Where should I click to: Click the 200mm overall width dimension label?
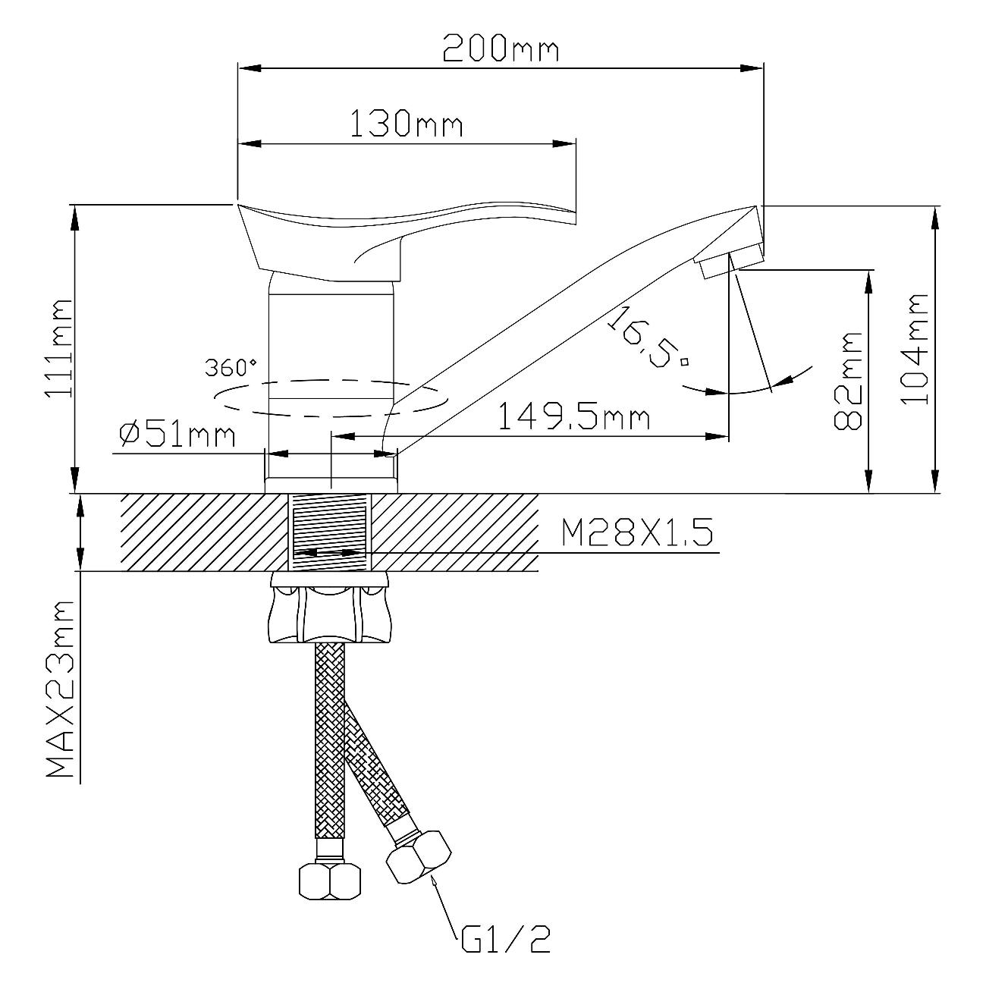(x=501, y=49)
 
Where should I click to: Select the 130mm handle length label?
(x=407, y=124)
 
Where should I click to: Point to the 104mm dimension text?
(x=915, y=349)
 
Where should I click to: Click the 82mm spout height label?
(x=848, y=381)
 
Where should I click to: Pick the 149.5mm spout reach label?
(x=573, y=416)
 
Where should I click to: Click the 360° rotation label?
(x=231, y=367)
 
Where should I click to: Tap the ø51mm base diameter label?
(x=177, y=435)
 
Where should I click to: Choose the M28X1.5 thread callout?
(x=637, y=532)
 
